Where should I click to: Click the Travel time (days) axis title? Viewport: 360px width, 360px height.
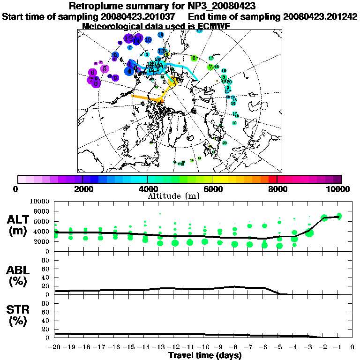tap(205, 356)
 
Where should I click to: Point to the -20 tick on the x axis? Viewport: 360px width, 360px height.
tap(55, 347)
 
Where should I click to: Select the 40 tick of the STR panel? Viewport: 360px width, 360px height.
tap(46, 321)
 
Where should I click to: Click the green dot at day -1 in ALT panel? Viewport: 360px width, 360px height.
tap(339, 216)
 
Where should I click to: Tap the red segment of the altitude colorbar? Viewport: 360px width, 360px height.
tap(273, 179)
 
